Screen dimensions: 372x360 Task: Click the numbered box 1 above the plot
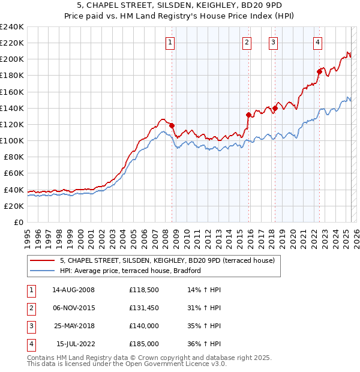(x=170, y=42)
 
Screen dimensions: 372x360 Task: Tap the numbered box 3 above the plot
(x=273, y=42)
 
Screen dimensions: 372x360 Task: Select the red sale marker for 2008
(x=172, y=125)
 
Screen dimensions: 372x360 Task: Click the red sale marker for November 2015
(x=248, y=115)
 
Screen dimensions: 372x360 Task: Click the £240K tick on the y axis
(x=12, y=27)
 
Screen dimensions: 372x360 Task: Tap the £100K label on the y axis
(x=12, y=140)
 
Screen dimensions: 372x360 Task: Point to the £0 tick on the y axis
(x=18, y=222)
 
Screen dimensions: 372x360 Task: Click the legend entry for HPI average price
(x=130, y=271)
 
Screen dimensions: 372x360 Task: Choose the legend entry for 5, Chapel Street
(x=167, y=260)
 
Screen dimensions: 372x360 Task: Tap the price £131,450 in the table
(x=143, y=309)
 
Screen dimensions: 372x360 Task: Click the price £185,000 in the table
(x=143, y=344)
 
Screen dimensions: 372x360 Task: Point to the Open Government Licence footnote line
(x=127, y=364)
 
